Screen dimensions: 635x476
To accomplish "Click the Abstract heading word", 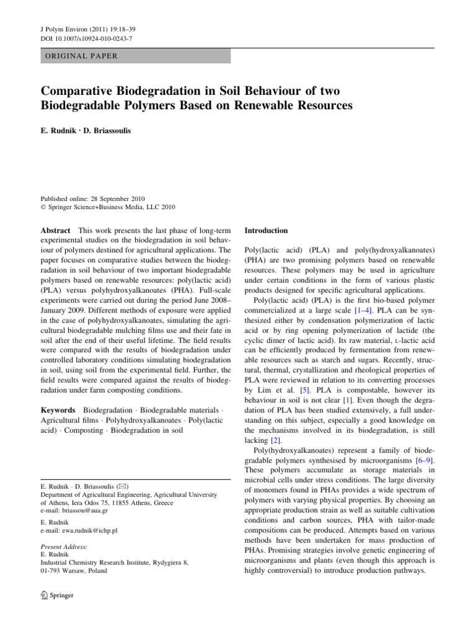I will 56,230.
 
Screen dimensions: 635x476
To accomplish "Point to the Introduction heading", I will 267,230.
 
